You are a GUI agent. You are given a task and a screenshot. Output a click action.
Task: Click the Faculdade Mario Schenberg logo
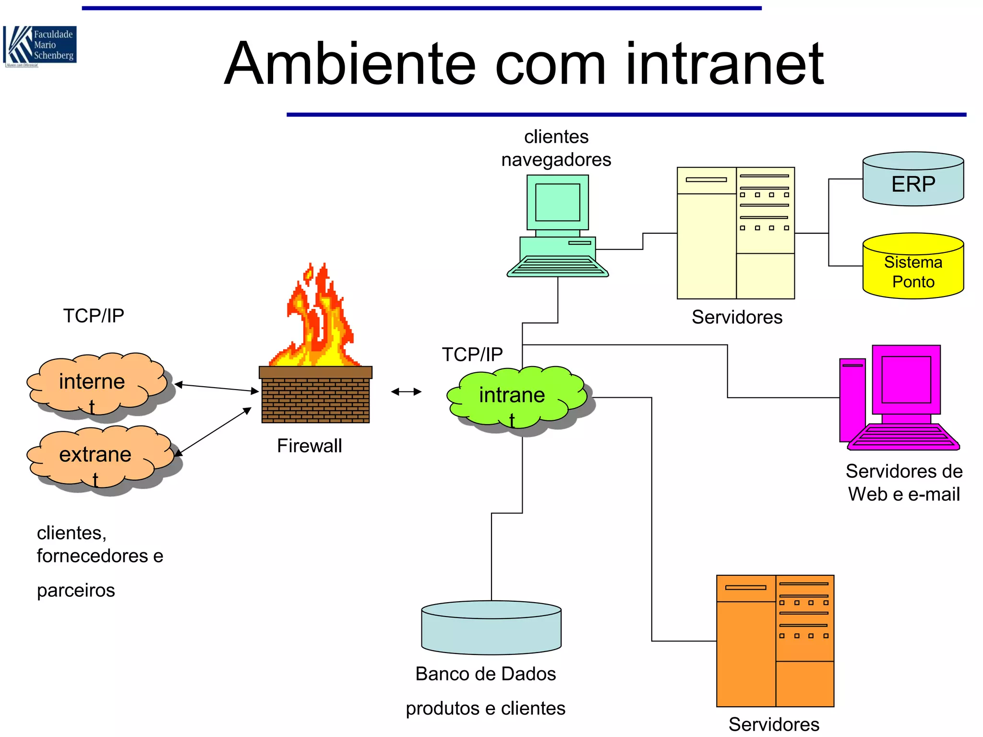40,46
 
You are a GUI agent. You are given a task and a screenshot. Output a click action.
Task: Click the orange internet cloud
96,384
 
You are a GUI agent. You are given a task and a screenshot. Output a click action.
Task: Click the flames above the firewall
317,321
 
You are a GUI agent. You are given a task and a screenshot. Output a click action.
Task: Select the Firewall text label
310,446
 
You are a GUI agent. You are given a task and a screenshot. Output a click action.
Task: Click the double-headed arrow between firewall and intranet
406,392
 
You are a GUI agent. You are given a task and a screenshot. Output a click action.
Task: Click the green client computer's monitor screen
557,202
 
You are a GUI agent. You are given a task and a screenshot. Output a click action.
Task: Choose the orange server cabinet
775,641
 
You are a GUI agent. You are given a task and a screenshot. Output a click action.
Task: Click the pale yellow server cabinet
735,233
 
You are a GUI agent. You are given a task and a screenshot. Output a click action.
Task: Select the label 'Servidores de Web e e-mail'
904,483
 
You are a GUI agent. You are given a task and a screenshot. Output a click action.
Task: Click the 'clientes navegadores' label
556,148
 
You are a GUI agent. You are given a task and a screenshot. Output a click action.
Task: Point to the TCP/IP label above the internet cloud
94,316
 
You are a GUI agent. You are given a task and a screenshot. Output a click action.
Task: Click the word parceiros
76,590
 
